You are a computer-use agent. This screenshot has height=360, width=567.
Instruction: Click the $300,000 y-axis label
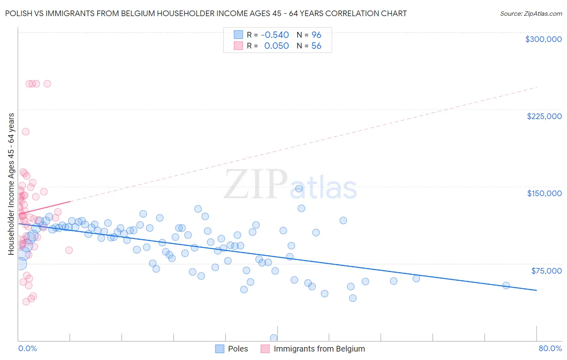(x=543, y=39)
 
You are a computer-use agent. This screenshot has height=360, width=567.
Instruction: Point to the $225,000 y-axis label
(x=544, y=116)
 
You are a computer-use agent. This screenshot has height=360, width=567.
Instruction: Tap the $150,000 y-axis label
(x=544, y=193)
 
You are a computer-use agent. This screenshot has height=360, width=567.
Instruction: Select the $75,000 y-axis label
(x=546, y=270)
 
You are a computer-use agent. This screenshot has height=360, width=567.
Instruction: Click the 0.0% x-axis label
(x=27, y=348)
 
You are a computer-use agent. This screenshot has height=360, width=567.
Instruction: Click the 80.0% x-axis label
(x=550, y=348)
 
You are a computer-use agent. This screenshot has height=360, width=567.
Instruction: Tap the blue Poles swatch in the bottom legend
(x=220, y=349)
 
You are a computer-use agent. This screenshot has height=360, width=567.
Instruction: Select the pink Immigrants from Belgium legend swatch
(x=265, y=349)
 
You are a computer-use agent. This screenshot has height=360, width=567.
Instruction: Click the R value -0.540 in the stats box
(x=275, y=35)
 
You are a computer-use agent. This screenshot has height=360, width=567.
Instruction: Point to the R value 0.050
(x=276, y=46)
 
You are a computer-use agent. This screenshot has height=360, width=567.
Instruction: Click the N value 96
(x=316, y=35)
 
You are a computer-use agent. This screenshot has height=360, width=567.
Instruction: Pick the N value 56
(x=316, y=46)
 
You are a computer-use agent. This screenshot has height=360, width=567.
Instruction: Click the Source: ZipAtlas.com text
(x=531, y=13)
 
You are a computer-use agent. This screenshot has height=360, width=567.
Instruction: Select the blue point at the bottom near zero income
(x=274, y=338)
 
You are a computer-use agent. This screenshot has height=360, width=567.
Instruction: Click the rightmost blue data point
(x=506, y=285)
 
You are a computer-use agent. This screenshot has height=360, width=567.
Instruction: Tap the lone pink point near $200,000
(x=25, y=132)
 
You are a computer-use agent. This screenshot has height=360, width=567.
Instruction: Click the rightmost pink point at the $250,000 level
(x=47, y=84)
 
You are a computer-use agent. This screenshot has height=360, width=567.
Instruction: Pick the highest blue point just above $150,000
(x=299, y=188)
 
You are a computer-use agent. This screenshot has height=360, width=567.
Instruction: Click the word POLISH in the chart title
(x=19, y=13)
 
